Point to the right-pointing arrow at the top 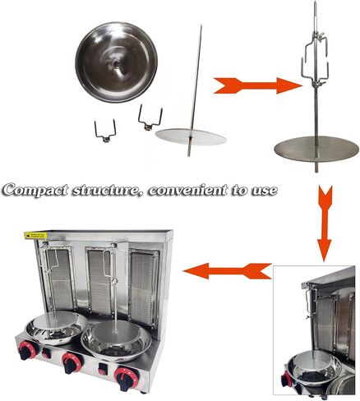[x=257, y=85]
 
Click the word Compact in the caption [x=38, y=190]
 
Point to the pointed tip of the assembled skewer [x=316, y=7]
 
